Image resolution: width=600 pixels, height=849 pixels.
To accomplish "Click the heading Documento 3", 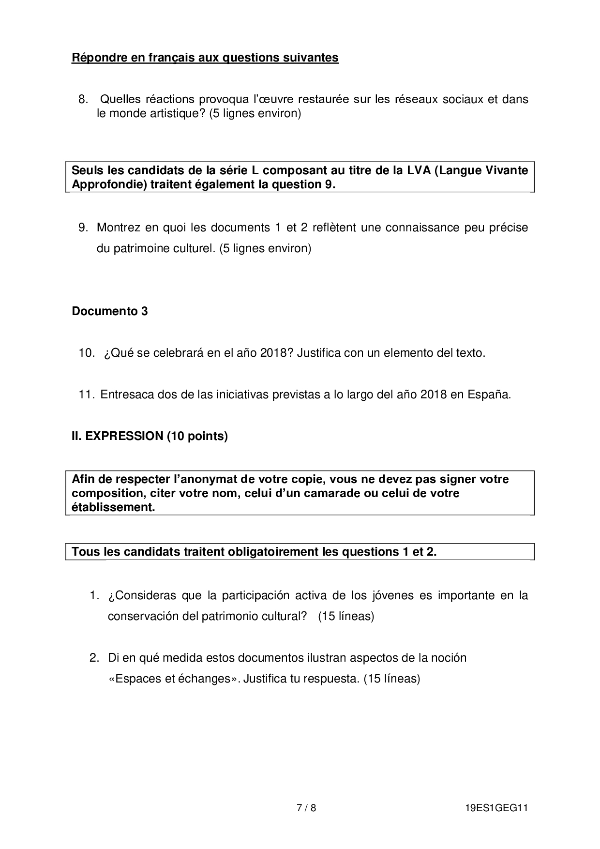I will pos(110,311).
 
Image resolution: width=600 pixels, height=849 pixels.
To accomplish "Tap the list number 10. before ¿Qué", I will pos(87,353).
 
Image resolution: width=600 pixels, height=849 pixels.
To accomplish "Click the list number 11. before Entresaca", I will pos(86,394).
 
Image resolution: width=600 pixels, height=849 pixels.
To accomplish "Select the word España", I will pos(489,394).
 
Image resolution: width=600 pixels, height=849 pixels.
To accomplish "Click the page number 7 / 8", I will pos(306,808).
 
